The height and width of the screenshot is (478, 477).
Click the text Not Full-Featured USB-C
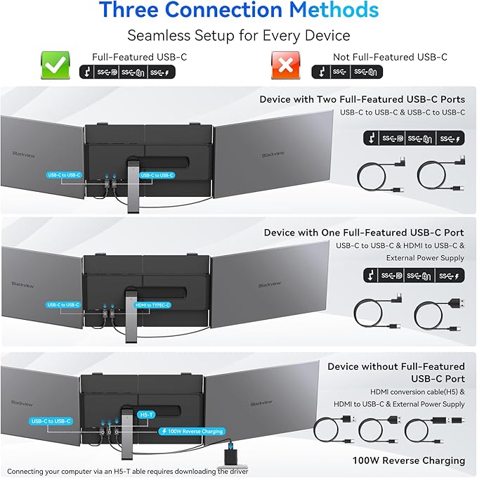389,57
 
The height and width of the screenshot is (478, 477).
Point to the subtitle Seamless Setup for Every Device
238,35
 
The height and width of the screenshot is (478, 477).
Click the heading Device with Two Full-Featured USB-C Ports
362,99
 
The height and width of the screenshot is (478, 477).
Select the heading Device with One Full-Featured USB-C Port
364,232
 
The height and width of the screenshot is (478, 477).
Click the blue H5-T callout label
145,415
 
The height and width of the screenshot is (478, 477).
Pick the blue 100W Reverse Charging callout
192,431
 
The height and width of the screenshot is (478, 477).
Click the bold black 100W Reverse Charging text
399,460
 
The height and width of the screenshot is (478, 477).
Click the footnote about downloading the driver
129,471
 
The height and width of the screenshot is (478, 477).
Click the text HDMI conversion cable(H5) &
407,391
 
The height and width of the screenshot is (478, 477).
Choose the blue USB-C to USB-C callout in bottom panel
51,421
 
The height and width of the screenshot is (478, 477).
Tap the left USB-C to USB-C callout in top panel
64,174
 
